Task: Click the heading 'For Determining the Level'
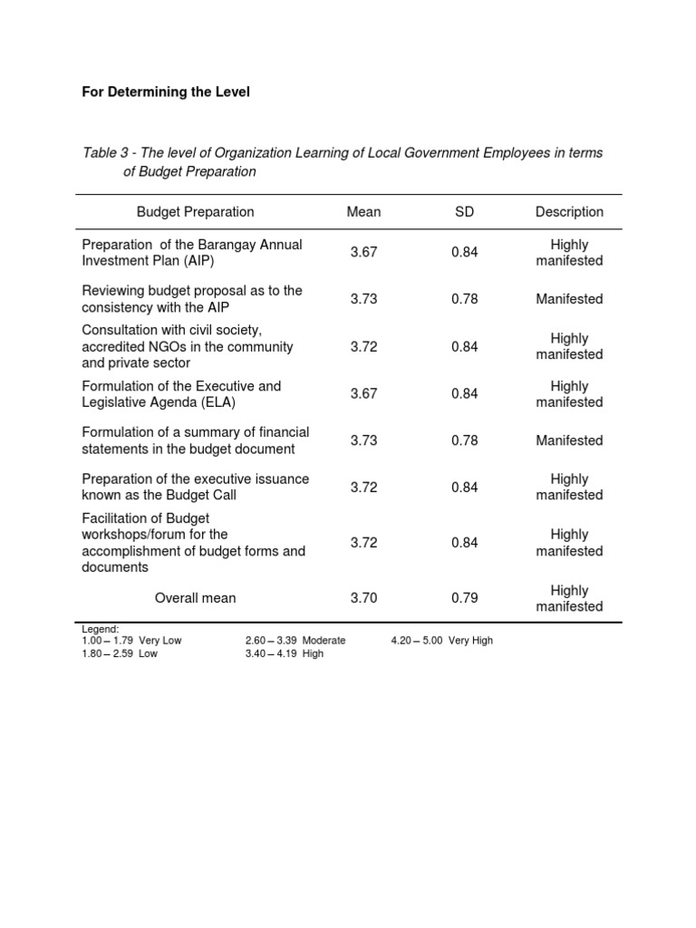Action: click(x=166, y=92)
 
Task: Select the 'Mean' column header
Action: click(x=363, y=212)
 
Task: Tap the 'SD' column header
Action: click(x=464, y=212)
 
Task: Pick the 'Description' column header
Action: click(x=569, y=212)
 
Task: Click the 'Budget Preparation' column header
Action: click(x=195, y=212)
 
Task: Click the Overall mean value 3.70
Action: click(x=363, y=598)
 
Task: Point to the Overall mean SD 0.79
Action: click(x=464, y=598)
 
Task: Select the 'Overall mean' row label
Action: click(x=195, y=598)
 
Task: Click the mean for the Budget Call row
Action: click(x=363, y=488)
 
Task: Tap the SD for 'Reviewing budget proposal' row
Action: click(x=464, y=299)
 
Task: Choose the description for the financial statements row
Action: click(x=569, y=440)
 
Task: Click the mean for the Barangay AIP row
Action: click(x=363, y=253)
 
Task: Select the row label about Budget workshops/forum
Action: click(x=193, y=543)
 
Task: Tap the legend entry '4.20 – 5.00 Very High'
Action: click(x=442, y=641)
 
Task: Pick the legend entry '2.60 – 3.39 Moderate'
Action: click(x=295, y=641)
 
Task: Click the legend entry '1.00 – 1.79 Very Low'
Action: click(x=131, y=641)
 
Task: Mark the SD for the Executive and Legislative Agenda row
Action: click(x=464, y=394)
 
